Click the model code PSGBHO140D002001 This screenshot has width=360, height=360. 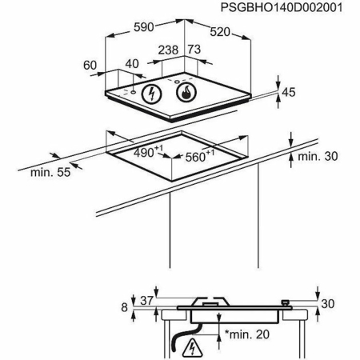[282, 7]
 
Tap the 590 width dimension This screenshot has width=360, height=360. [144, 27]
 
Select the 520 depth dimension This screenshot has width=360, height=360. [220, 32]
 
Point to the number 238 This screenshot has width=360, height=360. [168, 50]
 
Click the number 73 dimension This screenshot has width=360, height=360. [194, 50]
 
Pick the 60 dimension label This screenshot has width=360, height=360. [90, 66]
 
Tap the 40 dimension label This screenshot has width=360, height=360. [132, 64]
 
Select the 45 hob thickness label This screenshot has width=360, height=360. [289, 92]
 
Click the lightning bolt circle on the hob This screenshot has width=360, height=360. [151, 94]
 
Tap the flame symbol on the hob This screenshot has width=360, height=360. [186, 92]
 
